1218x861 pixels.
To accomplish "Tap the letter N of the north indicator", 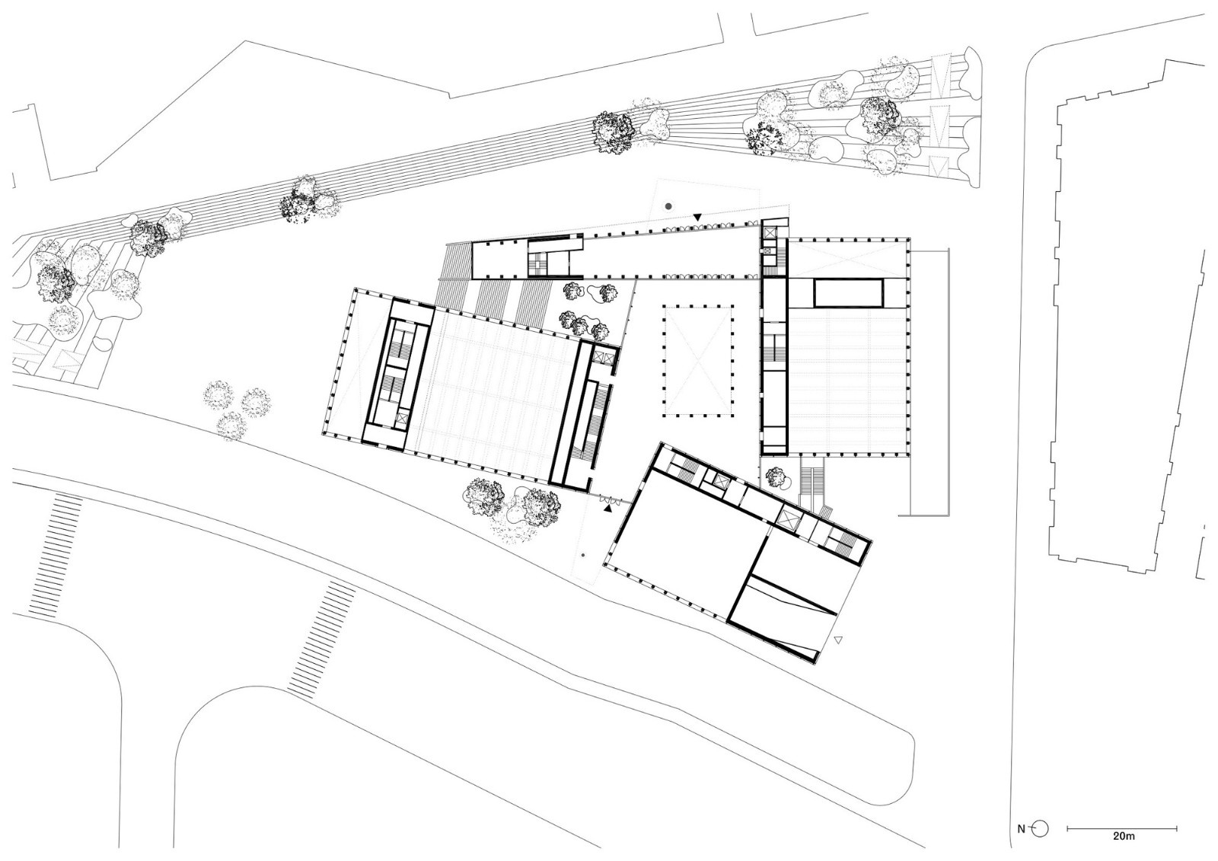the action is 1021,829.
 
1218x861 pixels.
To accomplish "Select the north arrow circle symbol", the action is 1040,828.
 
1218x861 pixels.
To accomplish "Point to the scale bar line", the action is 1122,828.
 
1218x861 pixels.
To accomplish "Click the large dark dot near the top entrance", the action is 669,206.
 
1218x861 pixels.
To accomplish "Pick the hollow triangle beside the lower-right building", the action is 838,640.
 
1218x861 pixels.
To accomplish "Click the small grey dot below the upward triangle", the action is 583,555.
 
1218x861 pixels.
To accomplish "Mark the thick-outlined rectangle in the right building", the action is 848,294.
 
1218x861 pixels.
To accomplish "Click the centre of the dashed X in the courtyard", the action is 697,361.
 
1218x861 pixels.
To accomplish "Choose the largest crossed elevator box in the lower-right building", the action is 788,520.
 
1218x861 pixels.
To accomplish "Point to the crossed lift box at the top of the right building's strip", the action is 771,232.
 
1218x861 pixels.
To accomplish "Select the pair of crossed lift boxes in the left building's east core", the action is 605,357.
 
